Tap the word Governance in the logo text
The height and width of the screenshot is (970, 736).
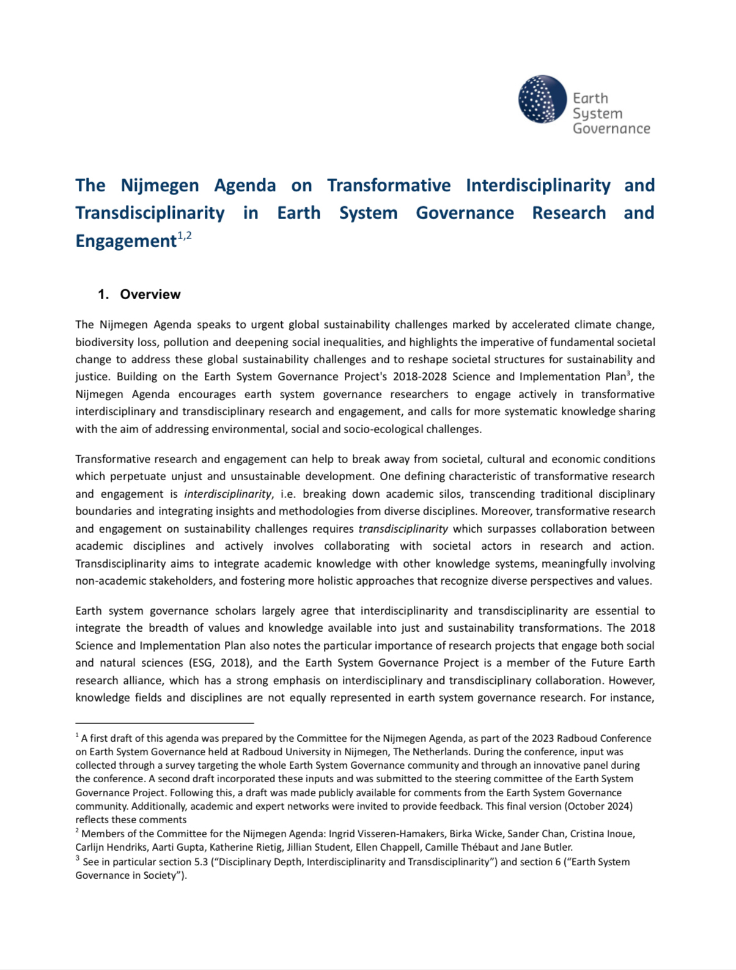tap(611, 129)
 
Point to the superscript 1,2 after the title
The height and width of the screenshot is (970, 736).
tap(184, 236)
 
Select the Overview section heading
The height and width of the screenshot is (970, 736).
tap(150, 294)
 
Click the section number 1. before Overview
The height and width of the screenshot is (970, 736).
tap(103, 294)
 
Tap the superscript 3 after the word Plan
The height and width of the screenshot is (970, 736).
tap(629, 372)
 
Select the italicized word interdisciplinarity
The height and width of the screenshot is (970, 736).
tap(227, 494)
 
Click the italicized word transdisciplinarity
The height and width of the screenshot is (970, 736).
tap(403, 528)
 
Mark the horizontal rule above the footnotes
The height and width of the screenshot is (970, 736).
tap(164, 723)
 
